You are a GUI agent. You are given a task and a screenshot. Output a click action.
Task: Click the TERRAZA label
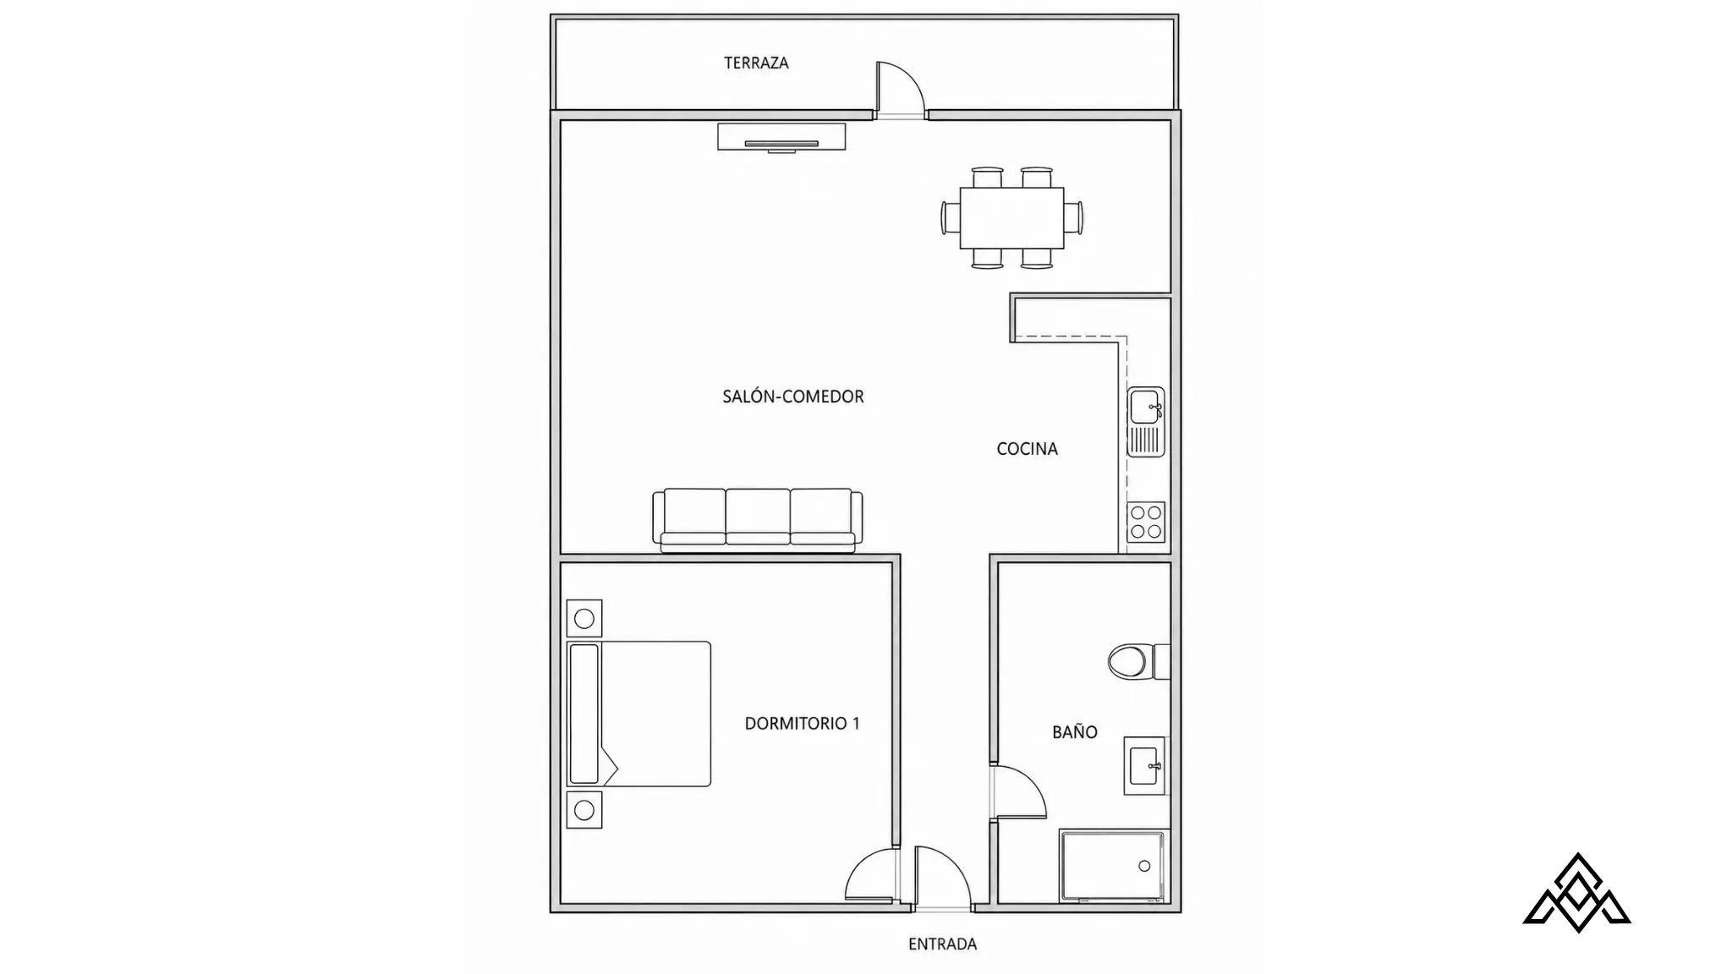pyautogui.click(x=756, y=63)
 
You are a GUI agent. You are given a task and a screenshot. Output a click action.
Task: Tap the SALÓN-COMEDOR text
pyautogui.click(x=793, y=397)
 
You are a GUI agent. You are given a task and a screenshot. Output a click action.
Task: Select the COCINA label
pyautogui.click(x=1027, y=449)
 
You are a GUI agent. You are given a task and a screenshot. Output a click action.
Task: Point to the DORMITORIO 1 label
pyautogui.click(x=802, y=723)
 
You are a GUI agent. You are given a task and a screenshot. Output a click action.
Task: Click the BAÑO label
pyautogui.click(x=1074, y=732)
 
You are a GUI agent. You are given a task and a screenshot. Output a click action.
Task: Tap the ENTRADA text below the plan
pyautogui.click(x=942, y=944)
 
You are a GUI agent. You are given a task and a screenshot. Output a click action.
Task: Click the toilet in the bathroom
pyautogui.click(x=1138, y=661)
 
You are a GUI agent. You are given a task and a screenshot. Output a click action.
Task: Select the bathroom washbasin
pyautogui.click(x=1144, y=765)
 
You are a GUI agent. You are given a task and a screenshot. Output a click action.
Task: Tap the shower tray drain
pyautogui.click(x=1144, y=866)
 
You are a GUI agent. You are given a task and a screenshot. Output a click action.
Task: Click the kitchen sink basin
pyautogui.click(x=1144, y=407)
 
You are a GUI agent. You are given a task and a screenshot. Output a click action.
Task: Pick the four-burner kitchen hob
pyautogui.click(x=1146, y=523)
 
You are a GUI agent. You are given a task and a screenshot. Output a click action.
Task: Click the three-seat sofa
pyautogui.click(x=758, y=520)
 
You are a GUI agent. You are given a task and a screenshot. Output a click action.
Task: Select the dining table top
pyautogui.click(x=1011, y=218)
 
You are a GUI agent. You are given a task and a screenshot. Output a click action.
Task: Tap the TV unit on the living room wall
pyautogui.click(x=781, y=138)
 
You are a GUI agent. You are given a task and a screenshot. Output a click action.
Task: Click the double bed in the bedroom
pyautogui.click(x=639, y=714)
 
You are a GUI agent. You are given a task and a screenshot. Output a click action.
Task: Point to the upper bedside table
pyautogui.click(x=584, y=619)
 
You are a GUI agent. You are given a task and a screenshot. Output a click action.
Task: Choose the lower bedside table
pyautogui.click(x=584, y=810)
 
